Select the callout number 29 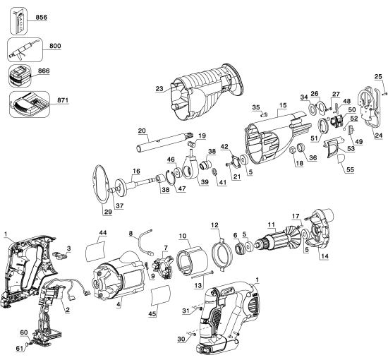tap(108, 212)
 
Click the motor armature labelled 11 tap(282, 243)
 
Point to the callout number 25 tap(378, 76)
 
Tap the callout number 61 tap(21, 347)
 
